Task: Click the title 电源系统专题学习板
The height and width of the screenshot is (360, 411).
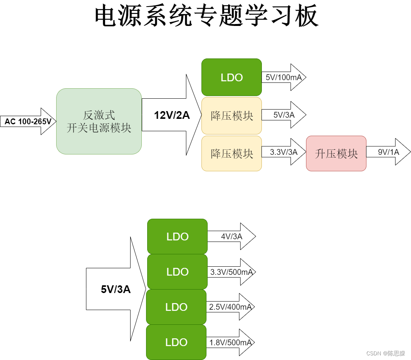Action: pyautogui.click(x=206, y=16)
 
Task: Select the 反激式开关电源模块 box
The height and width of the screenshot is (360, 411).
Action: pyautogui.click(x=99, y=122)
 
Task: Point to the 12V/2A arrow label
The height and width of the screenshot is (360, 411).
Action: pyautogui.click(x=172, y=115)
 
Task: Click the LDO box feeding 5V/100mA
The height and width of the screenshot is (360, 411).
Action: pyautogui.click(x=231, y=77)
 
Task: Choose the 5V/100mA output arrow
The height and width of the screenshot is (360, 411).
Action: pyautogui.click(x=284, y=77)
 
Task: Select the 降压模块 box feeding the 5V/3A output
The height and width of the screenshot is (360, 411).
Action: pyautogui.click(x=231, y=115)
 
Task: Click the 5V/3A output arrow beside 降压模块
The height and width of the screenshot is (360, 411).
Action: pyautogui.click(x=284, y=115)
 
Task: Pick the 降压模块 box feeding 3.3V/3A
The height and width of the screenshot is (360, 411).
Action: pyautogui.click(x=231, y=153)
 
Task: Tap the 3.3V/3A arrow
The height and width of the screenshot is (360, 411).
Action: pyautogui.click(x=284, y=152)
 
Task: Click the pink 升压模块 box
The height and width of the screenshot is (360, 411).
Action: pyautogui.click(x=336, y=153)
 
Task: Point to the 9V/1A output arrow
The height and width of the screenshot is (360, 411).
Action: pyautogui.click(x=388, y=152)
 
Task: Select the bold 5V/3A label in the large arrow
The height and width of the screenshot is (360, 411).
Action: pyautogui.click(x=115, y=289)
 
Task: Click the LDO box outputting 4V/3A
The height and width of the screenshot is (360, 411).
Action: pyautogui.click(x=177, y=237)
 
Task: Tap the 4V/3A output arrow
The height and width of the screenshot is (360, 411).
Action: pyautogui.click(x=231, y=237)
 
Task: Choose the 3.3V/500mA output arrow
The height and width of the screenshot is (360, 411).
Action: pyautogui.click(x=231, y=272)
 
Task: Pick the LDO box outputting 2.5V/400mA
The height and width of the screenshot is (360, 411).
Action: pyautogui.click(x=176, y=307)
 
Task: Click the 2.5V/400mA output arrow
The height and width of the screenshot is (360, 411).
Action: pyautogui.click(x=230, y=307)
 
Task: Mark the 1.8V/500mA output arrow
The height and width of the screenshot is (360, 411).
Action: pyautogui.click(x=230, y=343)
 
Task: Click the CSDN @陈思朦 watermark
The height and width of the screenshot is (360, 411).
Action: pyautogui.click(x=385, y=353)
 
